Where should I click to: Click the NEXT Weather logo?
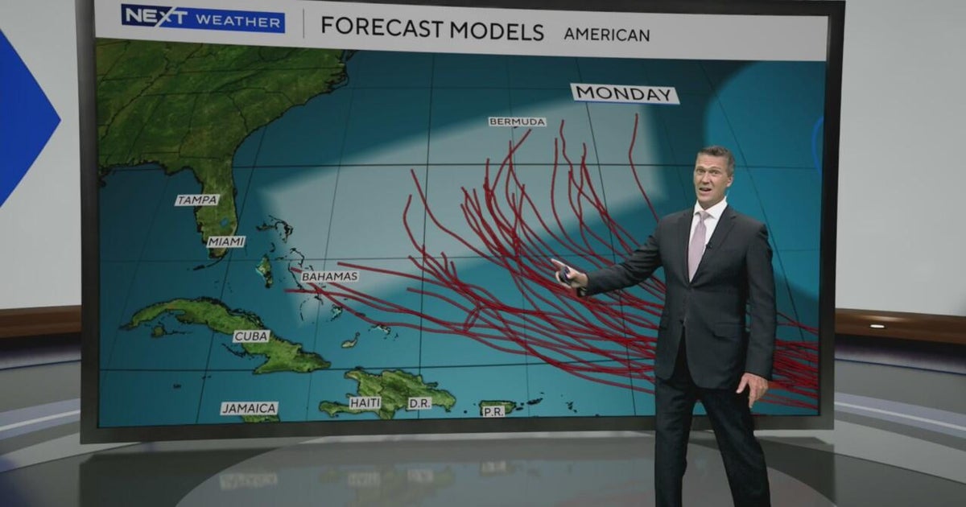click(x=203, y=19)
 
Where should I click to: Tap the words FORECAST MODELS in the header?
click(x=432, y=30)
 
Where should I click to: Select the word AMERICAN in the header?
click(x=606, y=35)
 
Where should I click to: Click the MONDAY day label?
click(x=625, y=93)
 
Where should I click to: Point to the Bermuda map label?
click(x=517, y=122)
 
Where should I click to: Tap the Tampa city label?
click(x=196, y=200)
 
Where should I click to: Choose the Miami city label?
click(x=225, y=241)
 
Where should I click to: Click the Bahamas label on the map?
click(x=329, y=276)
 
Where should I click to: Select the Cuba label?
click(x=251, y=336)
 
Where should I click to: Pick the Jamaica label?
click(x=250, y=408)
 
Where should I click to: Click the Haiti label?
click(x=365, y=402)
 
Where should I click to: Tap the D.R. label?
click(x=419, y=403)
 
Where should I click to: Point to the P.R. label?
click(x=493, y=410)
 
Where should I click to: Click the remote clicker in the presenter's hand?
click(x=565, y=275)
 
